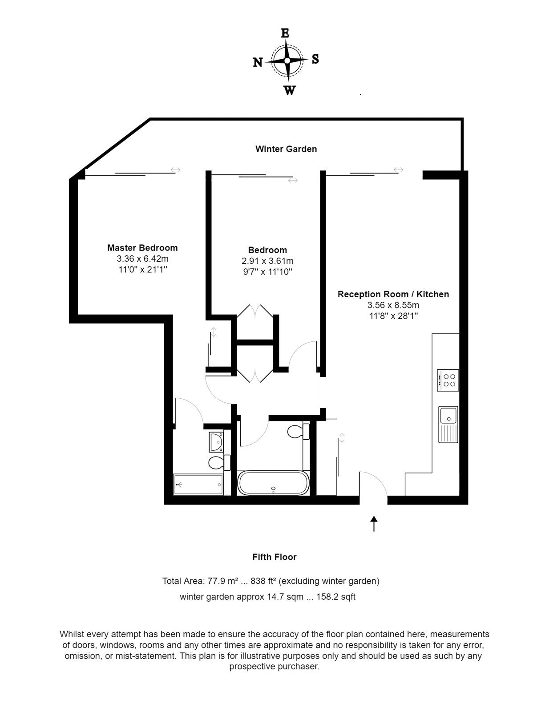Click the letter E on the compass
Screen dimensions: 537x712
click(x=285, y=33)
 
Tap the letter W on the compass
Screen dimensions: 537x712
click(x=289, y=90)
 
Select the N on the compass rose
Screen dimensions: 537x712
click(x=258, y=62)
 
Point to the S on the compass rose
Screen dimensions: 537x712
click(x=315, y=59)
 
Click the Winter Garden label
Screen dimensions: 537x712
click(x=286, y=149)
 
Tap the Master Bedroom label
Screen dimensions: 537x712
click(x=142, y=248)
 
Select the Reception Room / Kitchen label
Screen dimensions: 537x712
click(x=393, y=294)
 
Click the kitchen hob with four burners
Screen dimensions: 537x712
click(x=448, y=380)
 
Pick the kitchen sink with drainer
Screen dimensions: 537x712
click(x=448, y=424)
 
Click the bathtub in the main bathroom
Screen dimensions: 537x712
click(x=273, y=483)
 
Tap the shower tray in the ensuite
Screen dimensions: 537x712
click(x=198, y=485)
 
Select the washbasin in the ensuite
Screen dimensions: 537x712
click(x=216, y=442)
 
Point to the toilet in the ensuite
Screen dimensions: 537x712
click(x=219, y=462)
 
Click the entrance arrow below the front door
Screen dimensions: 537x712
click(x=374, y=523)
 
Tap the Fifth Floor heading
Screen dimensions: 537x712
click(x=275, y=557)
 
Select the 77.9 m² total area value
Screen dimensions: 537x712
click(x=223, y=581)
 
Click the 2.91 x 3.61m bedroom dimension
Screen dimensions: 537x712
click(x=267, y=261)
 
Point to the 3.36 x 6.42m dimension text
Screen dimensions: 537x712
click(x=143, y=259)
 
